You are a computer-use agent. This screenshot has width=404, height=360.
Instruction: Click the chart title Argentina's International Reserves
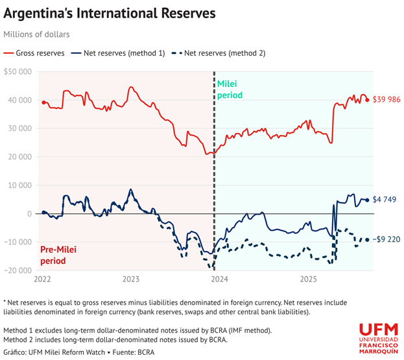(110, 13)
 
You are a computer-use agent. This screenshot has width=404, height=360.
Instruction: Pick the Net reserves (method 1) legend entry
(120, 53)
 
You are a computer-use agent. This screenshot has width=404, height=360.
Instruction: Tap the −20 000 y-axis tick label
(18, 270)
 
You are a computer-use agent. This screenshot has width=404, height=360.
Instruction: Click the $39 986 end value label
(387, 99)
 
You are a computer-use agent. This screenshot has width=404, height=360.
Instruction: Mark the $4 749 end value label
(385, 200)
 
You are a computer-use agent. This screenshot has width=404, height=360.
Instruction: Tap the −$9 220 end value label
(387, 239)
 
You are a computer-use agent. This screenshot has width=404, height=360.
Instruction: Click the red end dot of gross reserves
(368, 99)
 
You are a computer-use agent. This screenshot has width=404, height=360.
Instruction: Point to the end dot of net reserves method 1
(367, 200)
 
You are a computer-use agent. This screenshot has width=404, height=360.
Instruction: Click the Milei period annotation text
(230, 90)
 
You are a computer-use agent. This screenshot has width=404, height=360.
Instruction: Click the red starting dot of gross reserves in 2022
(43, 102)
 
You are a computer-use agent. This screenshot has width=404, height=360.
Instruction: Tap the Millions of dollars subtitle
(36, 34)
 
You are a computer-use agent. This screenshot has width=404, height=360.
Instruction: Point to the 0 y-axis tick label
(30, 213)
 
